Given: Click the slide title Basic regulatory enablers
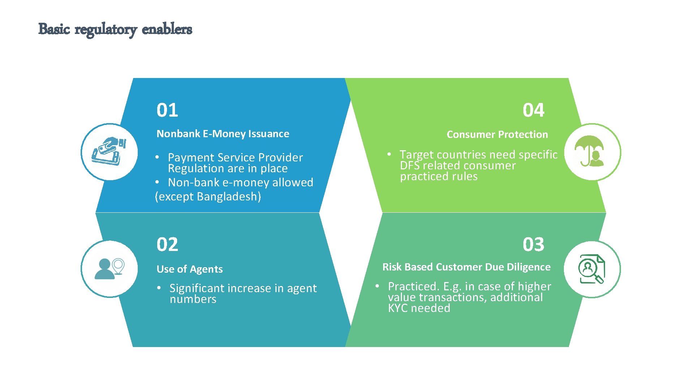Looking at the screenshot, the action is (115, 29).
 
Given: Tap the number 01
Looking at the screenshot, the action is (167, 110).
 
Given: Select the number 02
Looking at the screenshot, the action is (167, 244).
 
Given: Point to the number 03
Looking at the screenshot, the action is (533, 244).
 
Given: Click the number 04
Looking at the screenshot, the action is (533, 110).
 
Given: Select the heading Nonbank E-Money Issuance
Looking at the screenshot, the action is (223, 134).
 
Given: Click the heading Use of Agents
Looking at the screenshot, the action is (189, 269).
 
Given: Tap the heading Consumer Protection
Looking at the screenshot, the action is (497, 135).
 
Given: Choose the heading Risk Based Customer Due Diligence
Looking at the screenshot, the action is (466, 267).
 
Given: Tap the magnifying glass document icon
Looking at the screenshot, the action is (591, 269).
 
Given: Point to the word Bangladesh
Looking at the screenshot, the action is (229, 196).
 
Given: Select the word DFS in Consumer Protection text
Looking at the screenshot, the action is (410, 165).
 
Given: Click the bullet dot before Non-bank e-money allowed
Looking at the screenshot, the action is (157, 182).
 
